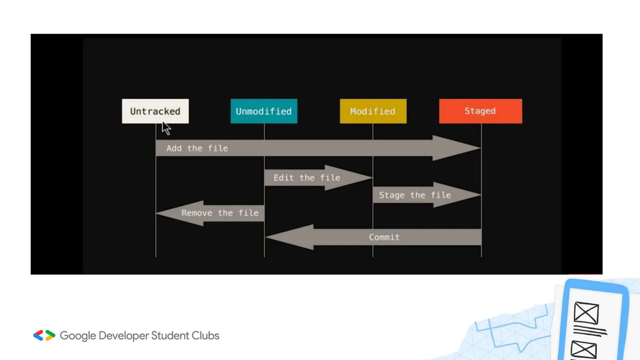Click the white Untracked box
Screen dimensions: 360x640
155,111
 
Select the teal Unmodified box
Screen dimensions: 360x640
264,111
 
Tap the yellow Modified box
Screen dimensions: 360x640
373,111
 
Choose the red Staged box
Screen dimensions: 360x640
480,111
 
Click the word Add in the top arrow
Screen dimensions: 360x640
174,148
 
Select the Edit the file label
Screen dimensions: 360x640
307,178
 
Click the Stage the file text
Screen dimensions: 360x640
415,195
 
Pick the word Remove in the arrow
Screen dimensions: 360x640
197,213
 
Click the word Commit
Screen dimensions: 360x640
384,237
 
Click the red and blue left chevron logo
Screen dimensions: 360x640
38,335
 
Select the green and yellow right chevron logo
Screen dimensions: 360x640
50,335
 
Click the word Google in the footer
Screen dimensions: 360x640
78,336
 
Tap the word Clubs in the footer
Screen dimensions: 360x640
205,335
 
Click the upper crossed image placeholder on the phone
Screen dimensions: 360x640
586,312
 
